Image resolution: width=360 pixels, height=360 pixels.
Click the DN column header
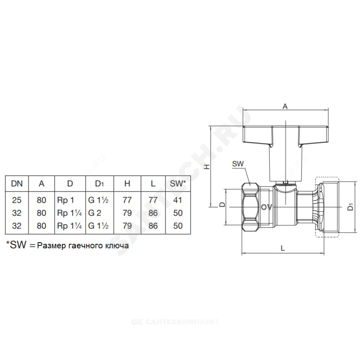(x=17, y=184)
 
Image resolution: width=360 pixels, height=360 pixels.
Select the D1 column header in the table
(x=99, y=184)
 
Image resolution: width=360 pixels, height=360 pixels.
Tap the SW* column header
(x=178, y=184)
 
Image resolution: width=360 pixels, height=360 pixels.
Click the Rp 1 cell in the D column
(x=66, y=200)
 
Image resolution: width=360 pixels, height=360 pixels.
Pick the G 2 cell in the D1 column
(x=94, y=213)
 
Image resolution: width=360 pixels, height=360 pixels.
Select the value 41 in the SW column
(x=178, y=200)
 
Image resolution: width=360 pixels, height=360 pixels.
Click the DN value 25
(x=17, y=200)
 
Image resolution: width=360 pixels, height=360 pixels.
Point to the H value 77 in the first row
(x=127, y=200)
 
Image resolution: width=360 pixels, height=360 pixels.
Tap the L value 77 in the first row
(x=153, y=200)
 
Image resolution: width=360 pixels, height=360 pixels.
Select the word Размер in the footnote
(x=51, y=246)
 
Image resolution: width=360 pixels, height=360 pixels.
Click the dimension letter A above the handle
(x=285, y=106)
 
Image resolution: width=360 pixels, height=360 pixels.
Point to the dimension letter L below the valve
(x=283, y=248)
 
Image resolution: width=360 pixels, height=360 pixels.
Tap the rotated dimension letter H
(x=207, y=167)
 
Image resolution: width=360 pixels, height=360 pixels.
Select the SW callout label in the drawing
(x=238, y=164)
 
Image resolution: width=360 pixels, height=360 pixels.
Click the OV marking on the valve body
(x=266, y=207)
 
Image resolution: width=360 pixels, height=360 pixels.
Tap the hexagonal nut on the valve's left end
(x=251, y=207)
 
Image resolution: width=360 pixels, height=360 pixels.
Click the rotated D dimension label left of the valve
(x=222, y=204)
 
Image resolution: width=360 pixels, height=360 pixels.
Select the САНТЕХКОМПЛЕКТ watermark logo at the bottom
(x=175, y=321)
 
